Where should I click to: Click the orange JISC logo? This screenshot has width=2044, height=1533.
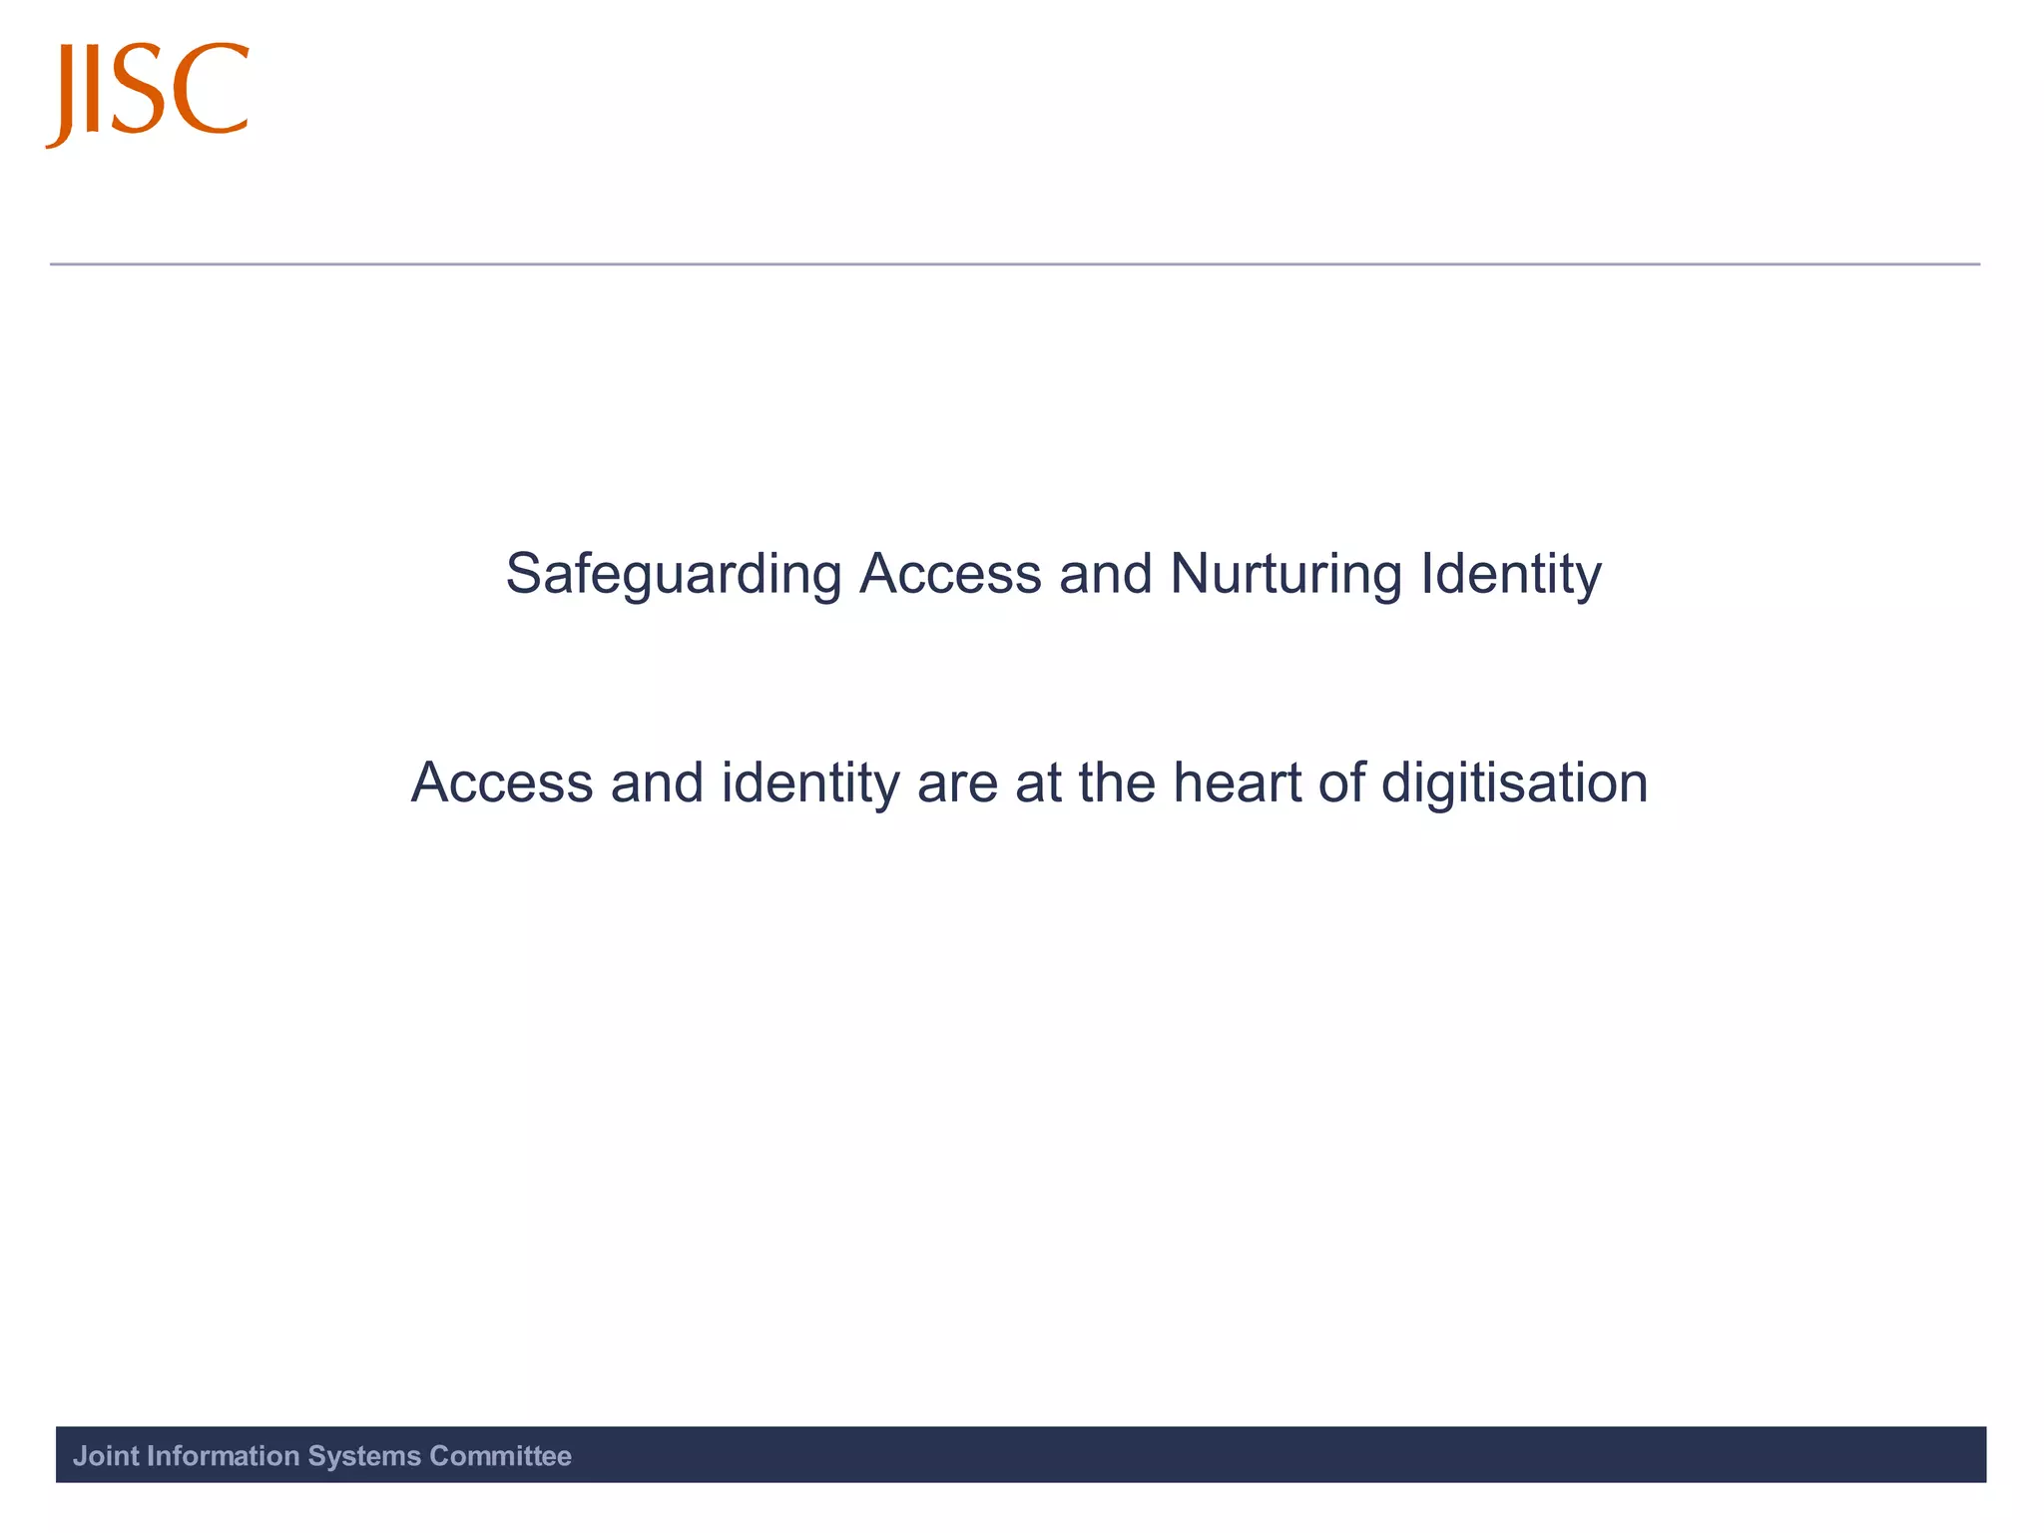148,93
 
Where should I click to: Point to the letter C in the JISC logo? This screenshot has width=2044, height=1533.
211,89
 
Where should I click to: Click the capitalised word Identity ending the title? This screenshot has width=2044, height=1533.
1511,576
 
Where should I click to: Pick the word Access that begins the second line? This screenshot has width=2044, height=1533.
502,782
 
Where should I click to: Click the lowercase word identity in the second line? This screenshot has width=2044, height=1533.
810,784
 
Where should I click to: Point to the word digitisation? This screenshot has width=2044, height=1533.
1514,784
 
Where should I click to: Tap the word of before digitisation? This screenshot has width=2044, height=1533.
1341,782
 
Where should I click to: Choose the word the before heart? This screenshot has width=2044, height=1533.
1117,782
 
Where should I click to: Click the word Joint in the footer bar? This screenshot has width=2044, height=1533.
106,1456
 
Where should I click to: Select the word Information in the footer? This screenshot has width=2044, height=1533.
223,1456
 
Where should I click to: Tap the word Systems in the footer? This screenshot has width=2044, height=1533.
364,1456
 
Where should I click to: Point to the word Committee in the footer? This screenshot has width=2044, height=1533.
500,1456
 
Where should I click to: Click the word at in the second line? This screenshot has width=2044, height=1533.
1038,784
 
